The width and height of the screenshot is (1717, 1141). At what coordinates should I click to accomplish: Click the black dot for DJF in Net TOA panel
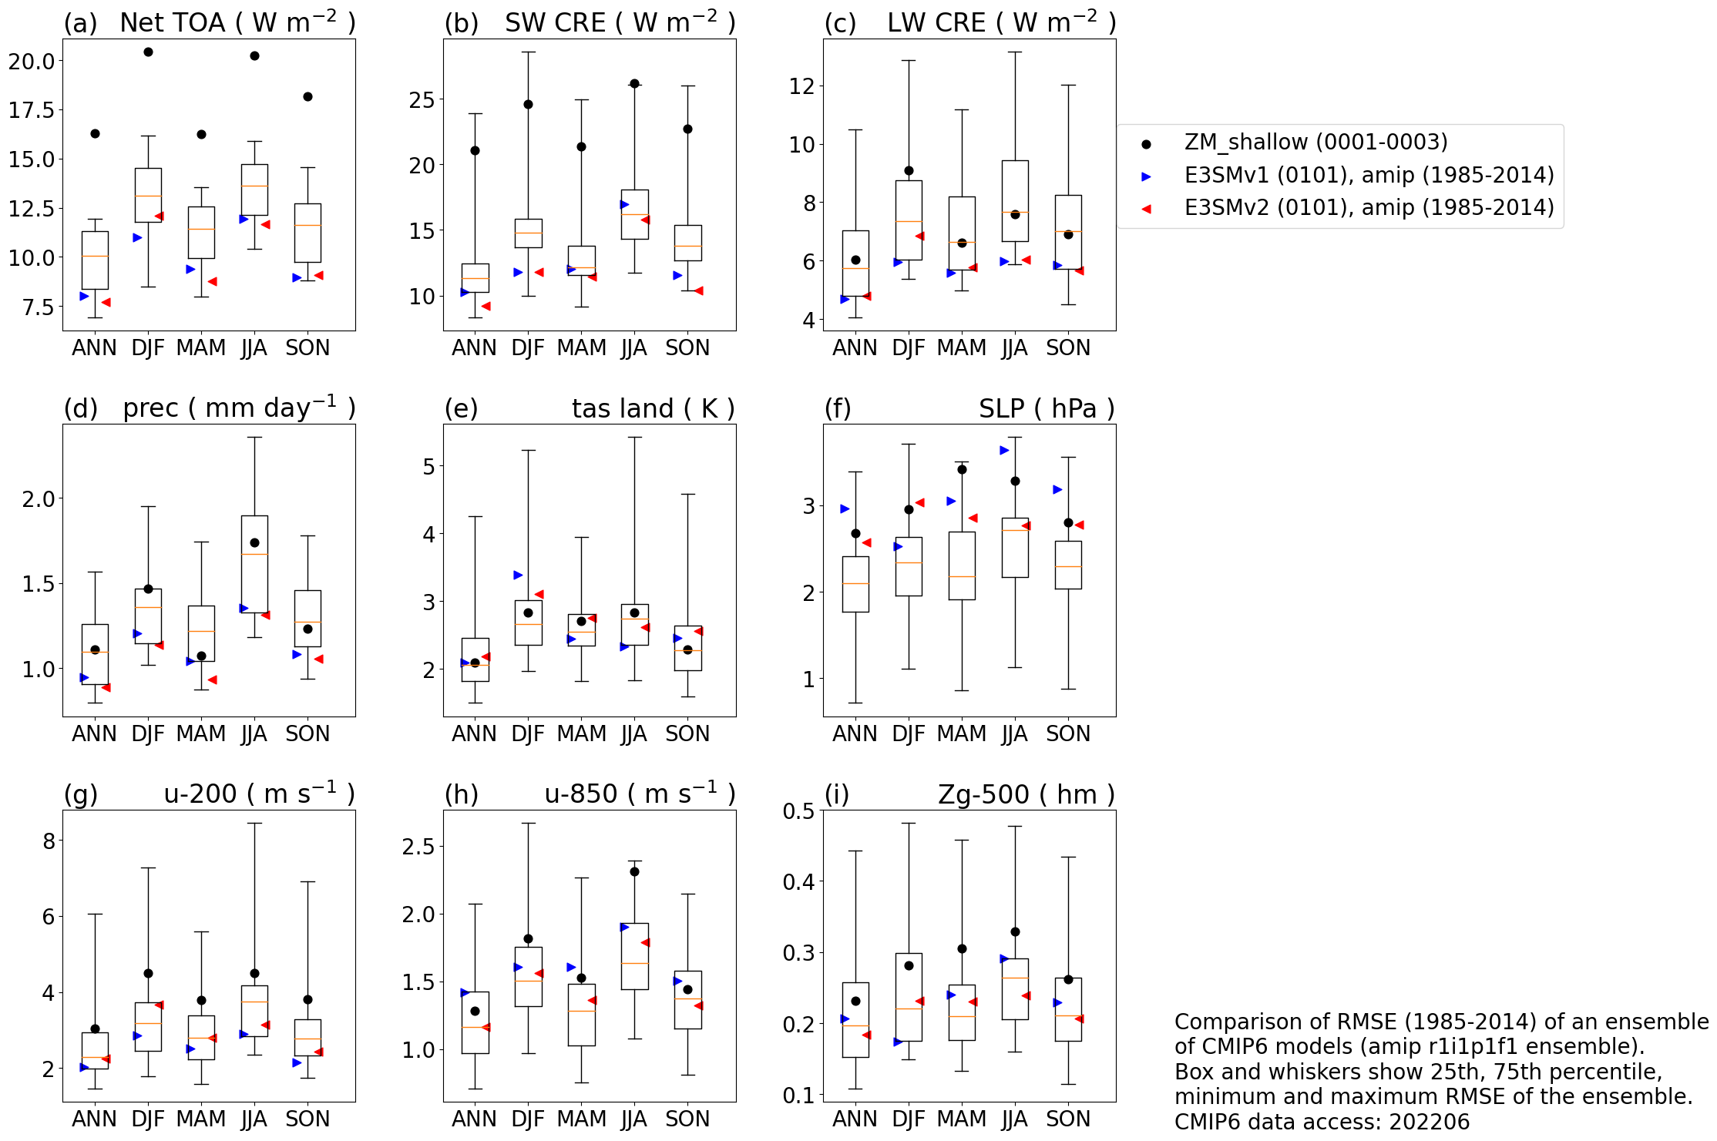[x=148, y=52]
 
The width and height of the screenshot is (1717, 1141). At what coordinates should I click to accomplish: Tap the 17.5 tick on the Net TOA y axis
[x=32, y=110]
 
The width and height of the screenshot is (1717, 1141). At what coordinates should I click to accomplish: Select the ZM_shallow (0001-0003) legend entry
[x=1315, y=143]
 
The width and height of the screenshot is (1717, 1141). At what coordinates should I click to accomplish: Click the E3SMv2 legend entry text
[x=1369, y=208]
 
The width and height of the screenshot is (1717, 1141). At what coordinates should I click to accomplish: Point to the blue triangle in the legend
[x=1146, y=176]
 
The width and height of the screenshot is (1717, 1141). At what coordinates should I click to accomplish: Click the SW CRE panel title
[x=620, y=23]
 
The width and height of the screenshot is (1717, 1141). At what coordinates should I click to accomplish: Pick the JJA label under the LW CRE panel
[x=1014, y=348]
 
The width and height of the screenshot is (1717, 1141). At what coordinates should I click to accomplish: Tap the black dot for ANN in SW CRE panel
[x=475, y=151]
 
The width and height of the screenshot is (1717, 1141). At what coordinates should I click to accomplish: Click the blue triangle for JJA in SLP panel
[x=1004, y=451]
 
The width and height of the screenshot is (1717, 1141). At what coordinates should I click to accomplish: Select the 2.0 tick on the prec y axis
[x=39, y=499]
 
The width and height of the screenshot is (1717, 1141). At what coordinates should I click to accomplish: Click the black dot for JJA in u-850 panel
[x=634, y=872]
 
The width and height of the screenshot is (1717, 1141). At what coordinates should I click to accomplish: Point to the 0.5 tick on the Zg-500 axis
[x=798, y=811]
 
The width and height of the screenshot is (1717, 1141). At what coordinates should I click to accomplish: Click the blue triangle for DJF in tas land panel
[x=518, y=576]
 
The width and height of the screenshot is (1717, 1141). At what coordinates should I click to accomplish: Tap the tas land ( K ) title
[x=653, y=409]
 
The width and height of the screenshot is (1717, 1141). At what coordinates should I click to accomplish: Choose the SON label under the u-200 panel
[x=307, y=1119]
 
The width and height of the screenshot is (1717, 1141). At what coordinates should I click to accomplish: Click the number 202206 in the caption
[x=1430, y=1122]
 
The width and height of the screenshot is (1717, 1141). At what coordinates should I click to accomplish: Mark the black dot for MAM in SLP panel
[x=962, y=470]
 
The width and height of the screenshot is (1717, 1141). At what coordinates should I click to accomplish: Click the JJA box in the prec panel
[x=254, y=564]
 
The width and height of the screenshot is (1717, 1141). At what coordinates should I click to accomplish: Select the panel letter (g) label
[x=81, y=794]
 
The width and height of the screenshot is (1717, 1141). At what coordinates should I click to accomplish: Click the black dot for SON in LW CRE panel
[x=1068, y=235]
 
